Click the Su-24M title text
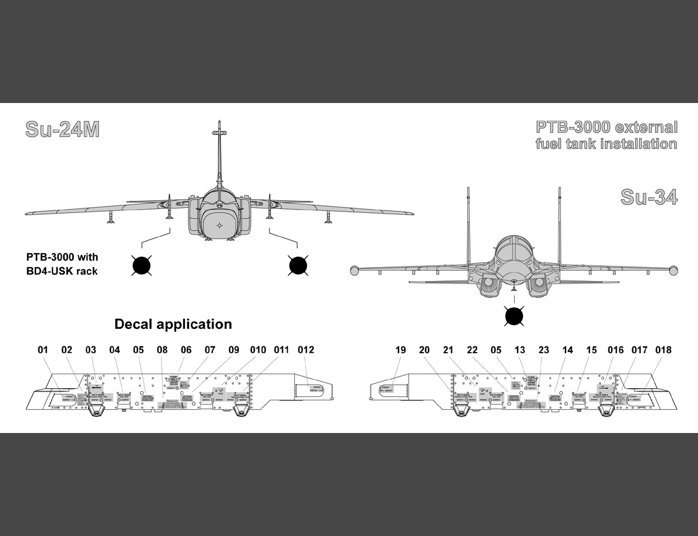click(x=62, y=130)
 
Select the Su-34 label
click(x=649, y=197)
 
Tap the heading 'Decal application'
click(x=173, y=324)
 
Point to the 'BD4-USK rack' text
click(x=62, y=271)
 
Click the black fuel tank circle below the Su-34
click(x=514, y=316)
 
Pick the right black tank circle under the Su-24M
click(x=298, y=265)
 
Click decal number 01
click(x=42, y=350)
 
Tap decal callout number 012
click(x=305, y=350)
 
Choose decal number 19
click(x=400, y=350)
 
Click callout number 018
click(x=663, y=350)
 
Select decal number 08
click(x=162, y=350)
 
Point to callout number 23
click(x=543, y=350)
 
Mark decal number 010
click(x=258, y=350)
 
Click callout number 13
click(x=519, y=350)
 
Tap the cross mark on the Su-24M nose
click(x=219, y=225)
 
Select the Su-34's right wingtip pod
click(x=674, y=269)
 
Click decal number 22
click(x=472, y=350)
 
